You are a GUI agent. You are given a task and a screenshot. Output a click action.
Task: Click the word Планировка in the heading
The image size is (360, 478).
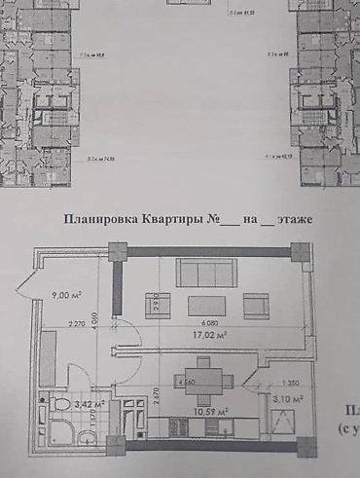click(x=97, y=220)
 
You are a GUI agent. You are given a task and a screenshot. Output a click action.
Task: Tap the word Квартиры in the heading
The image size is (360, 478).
click(x=177, y=220)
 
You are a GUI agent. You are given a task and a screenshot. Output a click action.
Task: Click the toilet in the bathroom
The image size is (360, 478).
click(x=59, y=403)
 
